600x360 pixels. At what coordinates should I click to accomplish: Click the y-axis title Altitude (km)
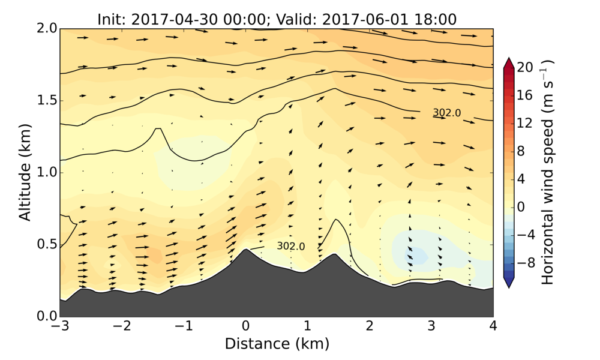25,172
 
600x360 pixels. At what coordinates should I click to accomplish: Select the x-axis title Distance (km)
277,344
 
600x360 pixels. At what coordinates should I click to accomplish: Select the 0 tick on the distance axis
245,326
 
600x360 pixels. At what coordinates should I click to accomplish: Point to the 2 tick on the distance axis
370,326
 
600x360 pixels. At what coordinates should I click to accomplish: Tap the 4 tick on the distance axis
493,326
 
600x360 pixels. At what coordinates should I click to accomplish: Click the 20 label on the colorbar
525,68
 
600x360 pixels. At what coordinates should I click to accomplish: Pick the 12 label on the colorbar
525,123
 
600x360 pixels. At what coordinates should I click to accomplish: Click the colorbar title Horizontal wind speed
548,172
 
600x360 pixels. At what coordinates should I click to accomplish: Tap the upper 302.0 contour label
446,112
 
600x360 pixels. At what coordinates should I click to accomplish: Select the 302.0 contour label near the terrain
290,246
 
